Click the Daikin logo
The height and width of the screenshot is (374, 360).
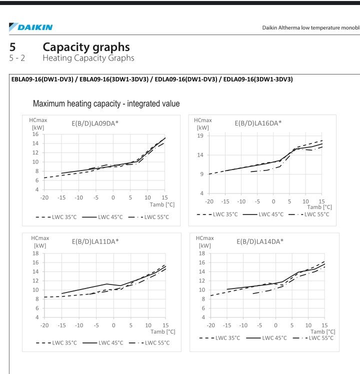tap(31, 27)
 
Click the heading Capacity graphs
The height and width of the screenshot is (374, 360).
tap(86, 47)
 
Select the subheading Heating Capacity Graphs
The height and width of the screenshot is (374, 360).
tap(88, 58)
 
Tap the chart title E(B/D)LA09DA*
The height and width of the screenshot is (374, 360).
tap(95, 123)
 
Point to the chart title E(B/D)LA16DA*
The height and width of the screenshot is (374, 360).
tap(258, 123)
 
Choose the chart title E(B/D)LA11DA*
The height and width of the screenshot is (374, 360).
tap(95, 241)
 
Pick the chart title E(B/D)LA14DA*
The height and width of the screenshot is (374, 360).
tap(260, 241)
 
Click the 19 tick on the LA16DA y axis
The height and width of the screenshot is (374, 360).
tap(200, 135)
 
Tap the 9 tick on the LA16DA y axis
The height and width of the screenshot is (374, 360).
tap(202, 174)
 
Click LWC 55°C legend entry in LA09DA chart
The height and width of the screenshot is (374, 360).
tap(148, 217)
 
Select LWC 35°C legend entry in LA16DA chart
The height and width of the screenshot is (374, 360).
tap(217, 214)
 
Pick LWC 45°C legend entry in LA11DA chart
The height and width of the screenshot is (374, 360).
tap(103, 343)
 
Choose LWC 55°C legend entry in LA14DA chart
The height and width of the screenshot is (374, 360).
tap(313, 338)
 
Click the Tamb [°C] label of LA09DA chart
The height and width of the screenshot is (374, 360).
tap(162, 204)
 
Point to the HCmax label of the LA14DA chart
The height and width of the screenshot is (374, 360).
tap(204, 238)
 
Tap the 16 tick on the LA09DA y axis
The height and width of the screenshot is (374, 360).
tap(35, 134)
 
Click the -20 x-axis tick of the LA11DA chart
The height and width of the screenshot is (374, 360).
tap(44, 325)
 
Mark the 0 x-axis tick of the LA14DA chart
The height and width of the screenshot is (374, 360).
tap(276, 325)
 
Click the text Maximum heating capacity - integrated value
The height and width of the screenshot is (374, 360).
tap(106, 103)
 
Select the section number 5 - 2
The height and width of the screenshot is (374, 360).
tap(17, 58)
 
